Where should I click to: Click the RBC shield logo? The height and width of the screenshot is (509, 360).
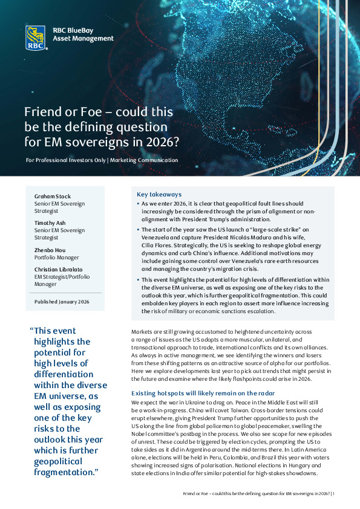pyautogui.click(x=36, y=37)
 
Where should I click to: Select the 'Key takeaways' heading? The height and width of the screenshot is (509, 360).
pyautogui.click(x=159, y=195)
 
